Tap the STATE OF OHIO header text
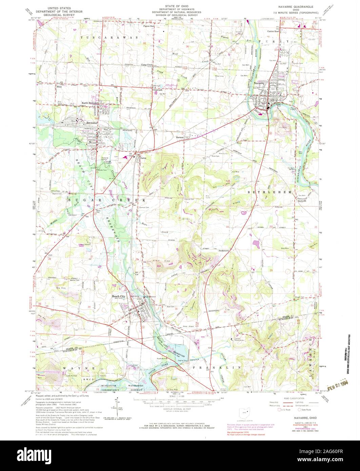[175, 6]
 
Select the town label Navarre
[259, 83]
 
